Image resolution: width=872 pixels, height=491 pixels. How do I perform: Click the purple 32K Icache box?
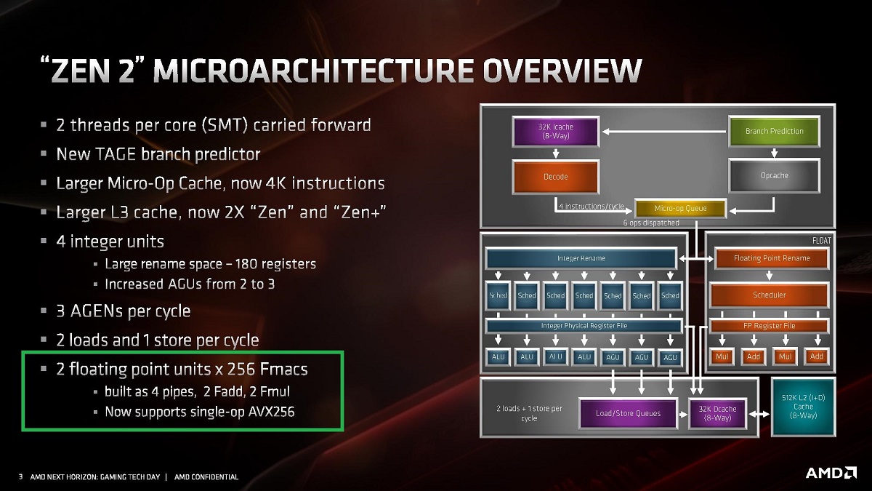pyautogui.click(x=555, y=132)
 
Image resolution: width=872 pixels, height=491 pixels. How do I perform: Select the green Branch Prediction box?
pyautogui.click(x=774, y=131)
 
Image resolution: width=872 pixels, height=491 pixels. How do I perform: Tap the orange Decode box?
pyautogui.click(x=555, y=177)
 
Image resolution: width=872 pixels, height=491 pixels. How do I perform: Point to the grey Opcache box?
pyautogui.click(x=774, y=175)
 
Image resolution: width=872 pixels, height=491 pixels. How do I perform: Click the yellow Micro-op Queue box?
pyautogui.click(x=680, y=209)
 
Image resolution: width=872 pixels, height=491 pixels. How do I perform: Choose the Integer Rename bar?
pyautogui.click(x=581, y=258)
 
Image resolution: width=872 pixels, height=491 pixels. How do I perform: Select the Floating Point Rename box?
pyautogui.click(x=772, y=258)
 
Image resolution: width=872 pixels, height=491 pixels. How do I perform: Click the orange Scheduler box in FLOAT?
pyautogui.click(x=769, y=295)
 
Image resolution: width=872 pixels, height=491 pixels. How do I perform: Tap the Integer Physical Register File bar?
pyautogui.click(x=584, y=326)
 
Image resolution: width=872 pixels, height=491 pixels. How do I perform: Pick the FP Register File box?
pyautogui.click(x=769, y=326)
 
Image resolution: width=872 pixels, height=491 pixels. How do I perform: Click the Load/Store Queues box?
pyautogui.click(x=628, y=413)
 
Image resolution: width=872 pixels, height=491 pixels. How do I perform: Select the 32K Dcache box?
pyautogui.click(x=717, y=413)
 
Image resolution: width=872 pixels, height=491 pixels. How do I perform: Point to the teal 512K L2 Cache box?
pyautogui.click(x=803, y=407)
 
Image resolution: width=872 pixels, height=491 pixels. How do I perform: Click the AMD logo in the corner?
pyautogui.click(x=831, y=473)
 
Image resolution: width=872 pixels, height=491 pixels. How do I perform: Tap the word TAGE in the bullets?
pyautogui.click(x=116, y=154)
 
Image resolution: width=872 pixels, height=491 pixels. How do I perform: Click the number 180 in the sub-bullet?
pyautogui.click(x=246, y=264)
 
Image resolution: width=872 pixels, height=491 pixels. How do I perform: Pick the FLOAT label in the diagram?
pyautogui.click(x=821, y=241)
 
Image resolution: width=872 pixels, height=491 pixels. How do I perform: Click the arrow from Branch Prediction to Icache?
pyautogui.click(x=664, y=132)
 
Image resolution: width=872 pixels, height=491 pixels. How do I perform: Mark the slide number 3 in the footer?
pyautogui.click(x=20, y=476)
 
